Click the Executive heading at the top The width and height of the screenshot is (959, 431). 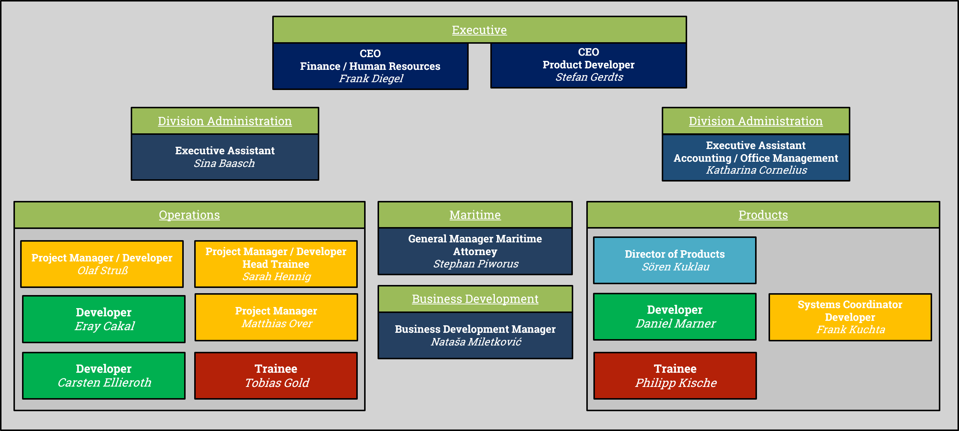pos(479,30)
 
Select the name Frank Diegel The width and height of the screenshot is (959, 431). pos(371,78)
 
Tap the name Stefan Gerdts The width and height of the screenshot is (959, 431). pos(589,77)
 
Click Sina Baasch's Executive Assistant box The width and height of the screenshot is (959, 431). pos(225,157)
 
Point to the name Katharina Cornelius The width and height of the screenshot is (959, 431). pos(756,170)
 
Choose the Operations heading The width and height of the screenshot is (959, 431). pos(189,215)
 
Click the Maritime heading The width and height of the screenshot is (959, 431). pos(475,215)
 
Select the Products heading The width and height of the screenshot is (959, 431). pos(763,215)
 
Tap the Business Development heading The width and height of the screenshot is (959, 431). pos(475,299)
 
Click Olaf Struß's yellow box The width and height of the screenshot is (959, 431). pos(102,264)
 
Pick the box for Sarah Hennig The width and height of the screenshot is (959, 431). pos(276,264)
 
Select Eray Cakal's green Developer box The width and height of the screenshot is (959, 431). pos(104,319)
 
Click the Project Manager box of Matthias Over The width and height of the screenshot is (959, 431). pos(276,317)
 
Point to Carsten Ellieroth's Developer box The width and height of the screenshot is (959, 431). pos(104,376)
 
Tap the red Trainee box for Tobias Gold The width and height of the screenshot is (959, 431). pos(276,376)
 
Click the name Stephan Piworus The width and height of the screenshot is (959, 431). pos(475,264)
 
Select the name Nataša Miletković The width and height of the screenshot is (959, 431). pos(476,342)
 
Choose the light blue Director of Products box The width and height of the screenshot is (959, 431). pos(675,260)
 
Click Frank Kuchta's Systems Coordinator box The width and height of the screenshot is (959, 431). pos(850,317)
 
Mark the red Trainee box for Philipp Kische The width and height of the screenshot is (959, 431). pos(675,376)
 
